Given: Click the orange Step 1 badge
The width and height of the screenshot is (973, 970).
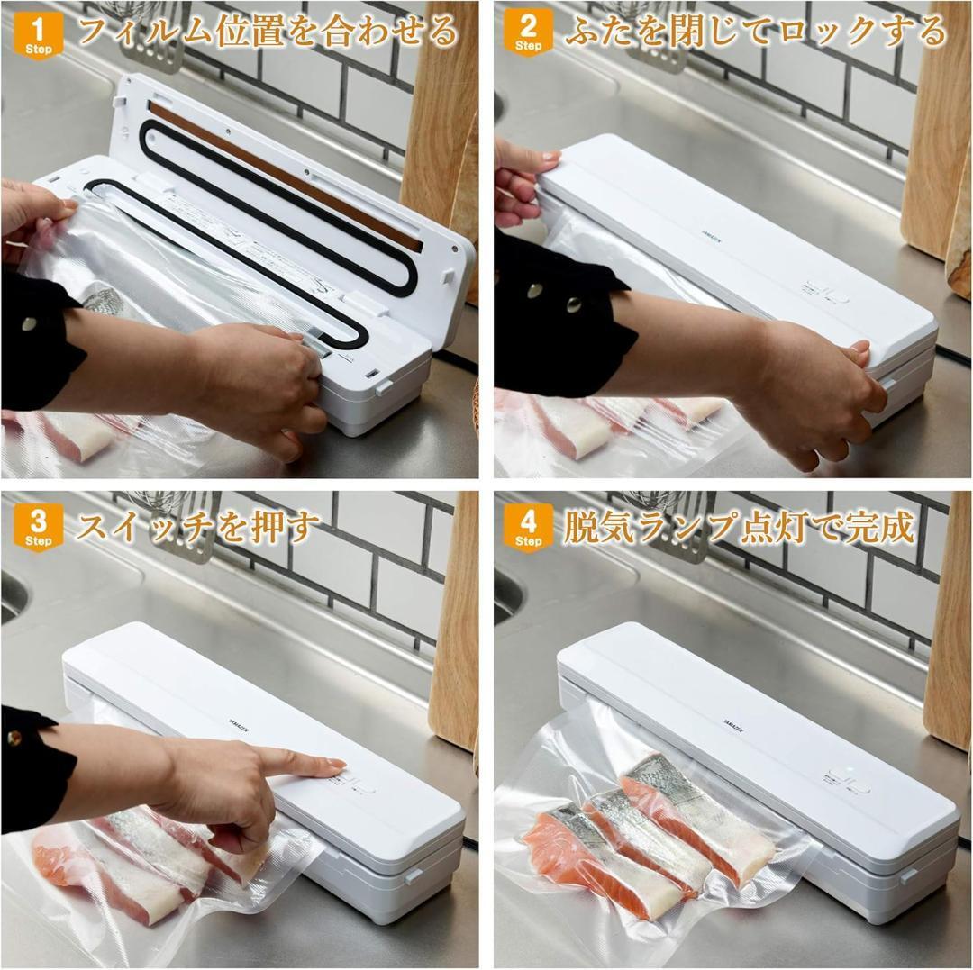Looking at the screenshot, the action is point(39,35).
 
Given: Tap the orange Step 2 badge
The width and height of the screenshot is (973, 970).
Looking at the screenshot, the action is point(528,32).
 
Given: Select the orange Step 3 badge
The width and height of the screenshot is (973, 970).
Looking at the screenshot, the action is point(39,527).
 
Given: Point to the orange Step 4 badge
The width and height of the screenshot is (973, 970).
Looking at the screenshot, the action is point(528,527).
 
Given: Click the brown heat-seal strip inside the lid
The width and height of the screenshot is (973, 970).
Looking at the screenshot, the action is point(286,177).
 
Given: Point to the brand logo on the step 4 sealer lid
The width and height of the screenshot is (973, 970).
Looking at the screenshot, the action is point(733,726).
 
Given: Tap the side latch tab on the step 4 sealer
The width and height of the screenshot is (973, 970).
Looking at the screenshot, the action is point(907,875).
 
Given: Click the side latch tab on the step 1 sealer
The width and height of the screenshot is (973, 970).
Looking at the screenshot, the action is point(383,388).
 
